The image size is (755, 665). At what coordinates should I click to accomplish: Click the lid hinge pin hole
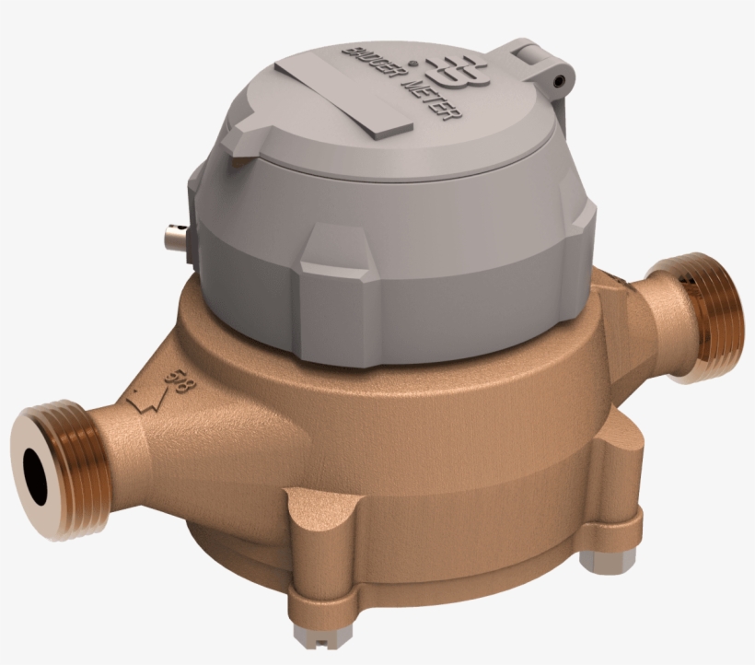(558, 82)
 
